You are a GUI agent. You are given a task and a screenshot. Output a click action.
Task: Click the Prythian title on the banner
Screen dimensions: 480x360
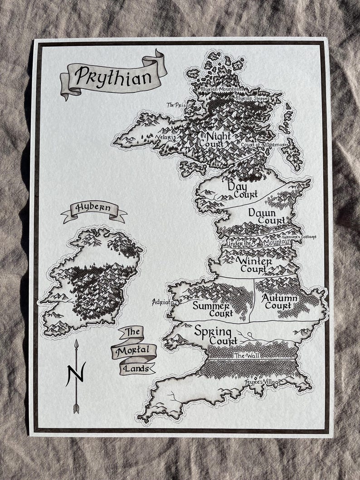coord(113,76)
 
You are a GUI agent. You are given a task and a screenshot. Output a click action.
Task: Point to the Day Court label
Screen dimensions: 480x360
coord(242,189)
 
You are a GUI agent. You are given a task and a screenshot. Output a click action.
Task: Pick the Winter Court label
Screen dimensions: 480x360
coord(254,265)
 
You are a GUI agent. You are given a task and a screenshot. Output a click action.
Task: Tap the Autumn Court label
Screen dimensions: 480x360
coord(279,302)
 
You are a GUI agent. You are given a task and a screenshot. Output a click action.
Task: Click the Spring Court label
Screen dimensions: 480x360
coord(217,335)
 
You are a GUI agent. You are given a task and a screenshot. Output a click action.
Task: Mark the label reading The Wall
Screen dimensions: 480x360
coord(247,356)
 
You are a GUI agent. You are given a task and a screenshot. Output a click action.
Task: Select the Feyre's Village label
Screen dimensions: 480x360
coord(263,382)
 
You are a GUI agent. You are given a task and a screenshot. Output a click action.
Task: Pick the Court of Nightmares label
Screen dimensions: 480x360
coord(258,145)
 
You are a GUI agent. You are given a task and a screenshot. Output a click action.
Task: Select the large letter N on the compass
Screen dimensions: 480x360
coord(76,374)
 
